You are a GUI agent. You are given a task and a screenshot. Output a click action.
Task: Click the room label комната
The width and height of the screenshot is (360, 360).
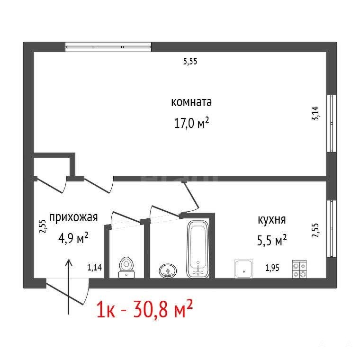191,102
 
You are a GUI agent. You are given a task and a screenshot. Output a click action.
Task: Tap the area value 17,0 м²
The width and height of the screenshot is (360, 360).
191,123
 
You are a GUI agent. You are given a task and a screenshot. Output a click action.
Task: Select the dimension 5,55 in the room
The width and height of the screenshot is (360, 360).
190,62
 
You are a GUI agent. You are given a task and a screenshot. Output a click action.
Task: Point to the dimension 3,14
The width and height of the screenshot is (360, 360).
315,113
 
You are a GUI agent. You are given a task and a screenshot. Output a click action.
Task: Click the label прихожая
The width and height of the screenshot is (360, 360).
73,217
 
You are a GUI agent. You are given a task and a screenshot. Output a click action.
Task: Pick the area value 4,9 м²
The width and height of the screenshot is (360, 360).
73,238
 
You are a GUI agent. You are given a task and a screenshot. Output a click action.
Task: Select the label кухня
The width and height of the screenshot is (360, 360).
272,220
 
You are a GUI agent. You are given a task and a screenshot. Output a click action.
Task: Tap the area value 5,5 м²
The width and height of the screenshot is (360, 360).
272,240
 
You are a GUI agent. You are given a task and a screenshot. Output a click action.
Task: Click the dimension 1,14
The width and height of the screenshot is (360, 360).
95,267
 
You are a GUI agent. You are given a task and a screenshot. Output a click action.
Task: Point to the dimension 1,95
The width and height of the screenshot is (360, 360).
272,268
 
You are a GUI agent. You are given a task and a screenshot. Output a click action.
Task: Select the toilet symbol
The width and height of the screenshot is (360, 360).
126,268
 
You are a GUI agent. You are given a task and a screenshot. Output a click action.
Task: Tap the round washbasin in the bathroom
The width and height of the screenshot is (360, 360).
168,270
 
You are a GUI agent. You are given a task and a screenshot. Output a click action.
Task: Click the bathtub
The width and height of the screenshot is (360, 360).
198,249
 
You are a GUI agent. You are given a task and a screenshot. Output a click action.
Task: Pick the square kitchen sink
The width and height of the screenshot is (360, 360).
243,269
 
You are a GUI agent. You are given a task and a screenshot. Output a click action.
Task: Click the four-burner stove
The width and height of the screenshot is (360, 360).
299,269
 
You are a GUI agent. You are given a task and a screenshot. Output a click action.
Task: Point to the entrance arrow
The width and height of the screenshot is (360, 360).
69,287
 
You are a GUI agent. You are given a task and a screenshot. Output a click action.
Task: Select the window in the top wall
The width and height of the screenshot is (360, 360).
108,47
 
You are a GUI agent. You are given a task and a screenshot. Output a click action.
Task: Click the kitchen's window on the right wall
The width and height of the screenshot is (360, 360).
332,229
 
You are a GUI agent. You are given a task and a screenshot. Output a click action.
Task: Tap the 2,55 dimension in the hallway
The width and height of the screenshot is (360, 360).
43,226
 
